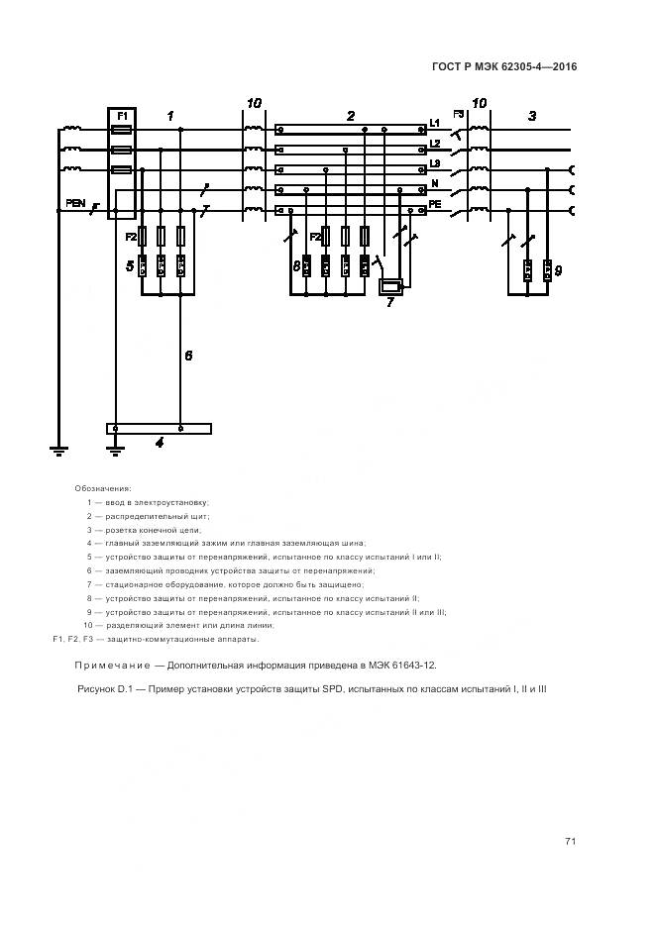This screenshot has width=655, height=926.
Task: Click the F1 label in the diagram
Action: (x=123, y=116)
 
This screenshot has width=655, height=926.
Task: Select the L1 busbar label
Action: (x=434, y=123)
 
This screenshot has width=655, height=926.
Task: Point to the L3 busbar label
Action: (x=434, y=163)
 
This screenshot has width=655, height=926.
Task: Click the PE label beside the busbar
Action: (x=434, y=204)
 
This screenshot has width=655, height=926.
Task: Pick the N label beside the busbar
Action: (x=434, y=184)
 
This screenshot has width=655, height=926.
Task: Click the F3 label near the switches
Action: (x=459, y=115)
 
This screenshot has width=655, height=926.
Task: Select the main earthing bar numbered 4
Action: (x=159, y=429)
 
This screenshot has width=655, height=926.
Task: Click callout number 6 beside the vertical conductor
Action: (x=188, y=355)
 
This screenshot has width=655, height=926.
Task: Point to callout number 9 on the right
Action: (x=558, y=269)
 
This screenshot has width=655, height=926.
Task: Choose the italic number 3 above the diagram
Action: (x=532, y=116)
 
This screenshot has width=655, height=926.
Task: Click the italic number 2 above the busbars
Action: (x=351, y=116)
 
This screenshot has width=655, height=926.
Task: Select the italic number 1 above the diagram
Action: (x=169, y=116)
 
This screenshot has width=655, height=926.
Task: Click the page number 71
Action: (x=570, y=841)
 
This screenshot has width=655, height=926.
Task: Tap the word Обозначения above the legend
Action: (x=103, y=488)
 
